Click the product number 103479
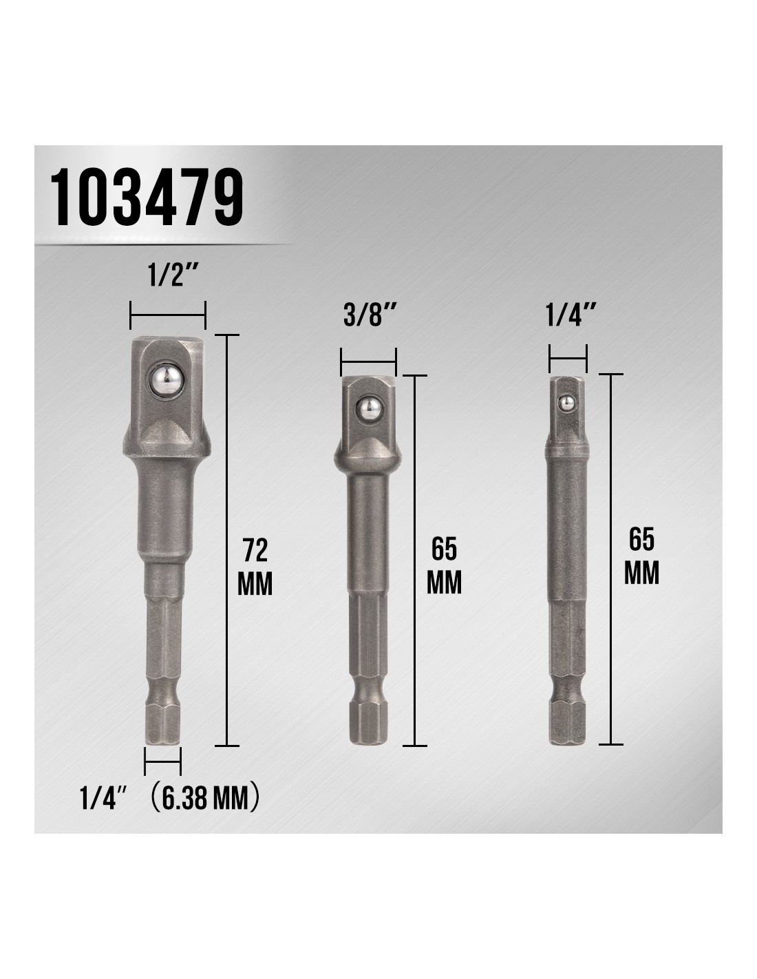pos(147,197)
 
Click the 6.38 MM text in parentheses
pos(204,797)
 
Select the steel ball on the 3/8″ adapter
pos(368,408)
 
